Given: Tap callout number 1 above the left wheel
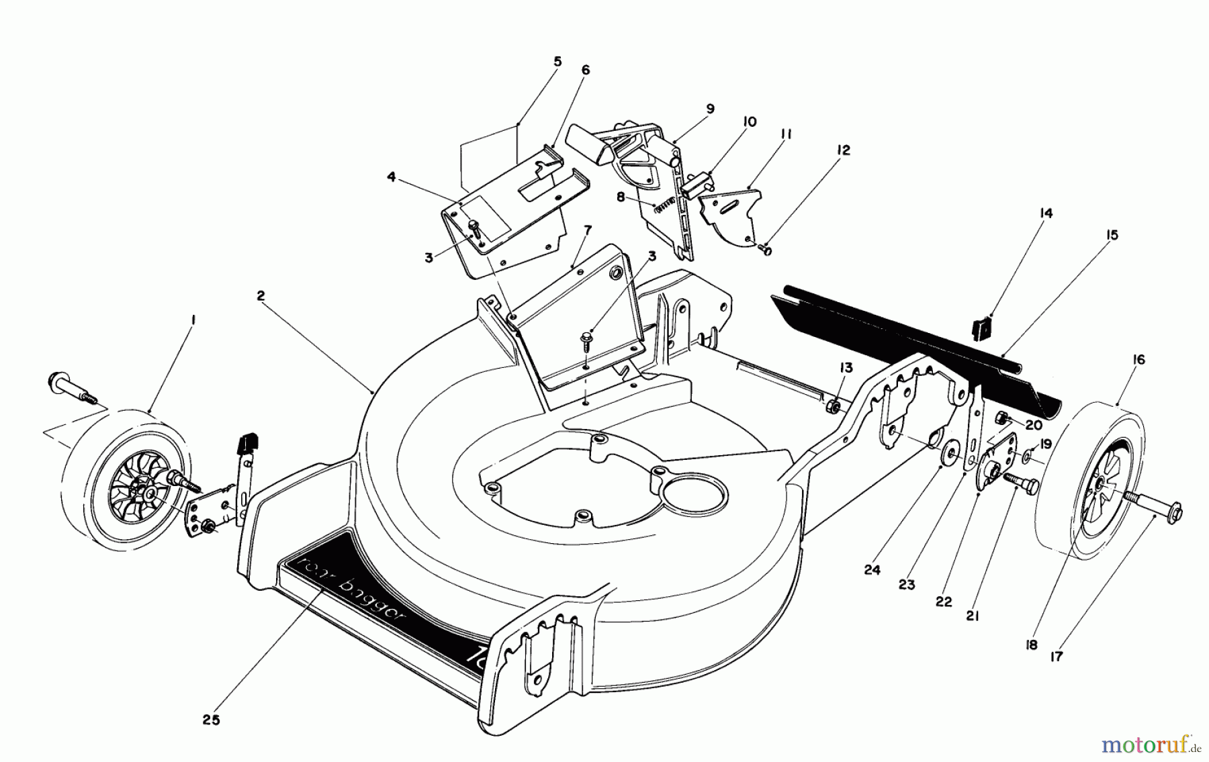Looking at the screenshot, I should click(193, 322).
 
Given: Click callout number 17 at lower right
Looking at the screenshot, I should click(1057, 657).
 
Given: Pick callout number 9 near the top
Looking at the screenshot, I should click(710, 109).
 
